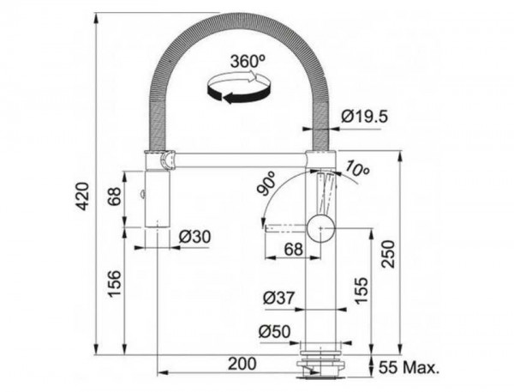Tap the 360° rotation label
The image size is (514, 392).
(x=248, y=62)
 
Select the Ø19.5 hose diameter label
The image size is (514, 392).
(x=364, y=116)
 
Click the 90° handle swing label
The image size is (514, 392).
(x=267, y=184)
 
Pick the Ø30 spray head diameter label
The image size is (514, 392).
(x=194, y=237)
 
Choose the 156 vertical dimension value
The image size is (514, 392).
(x=115, y=284)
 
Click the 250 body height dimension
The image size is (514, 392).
(x=389, y=254)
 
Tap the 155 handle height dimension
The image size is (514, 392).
(x=362, y=290)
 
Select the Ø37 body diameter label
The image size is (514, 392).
(x=279, y=298)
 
